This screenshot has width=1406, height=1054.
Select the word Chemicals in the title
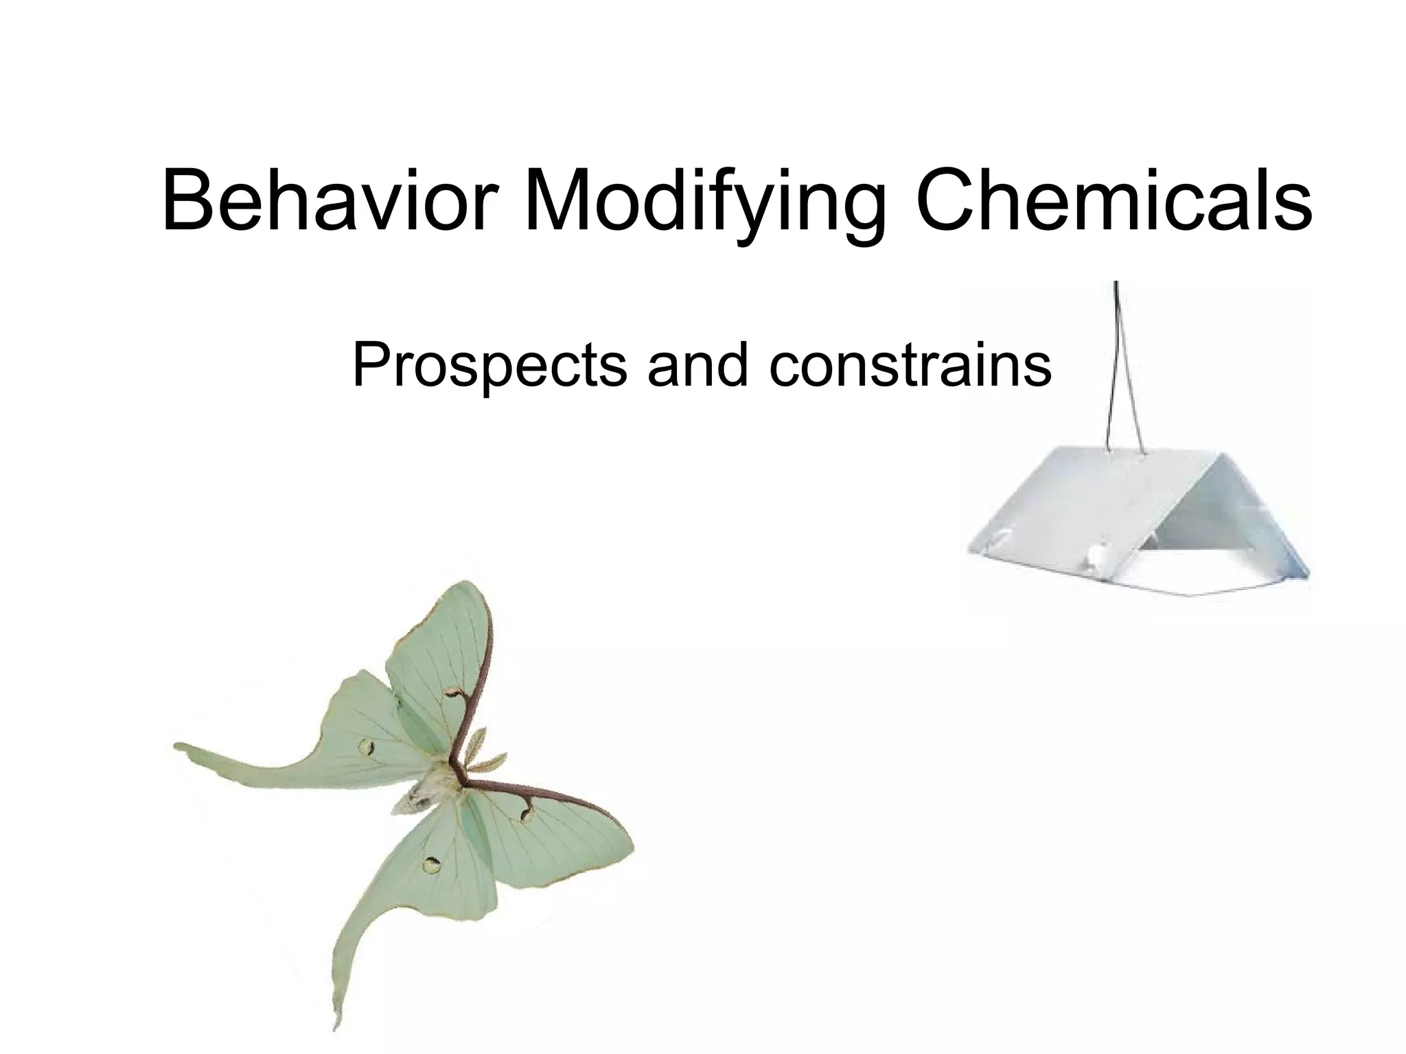1113,200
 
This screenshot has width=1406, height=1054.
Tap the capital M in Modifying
555,200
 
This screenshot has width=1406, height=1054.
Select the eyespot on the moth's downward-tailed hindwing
432,865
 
